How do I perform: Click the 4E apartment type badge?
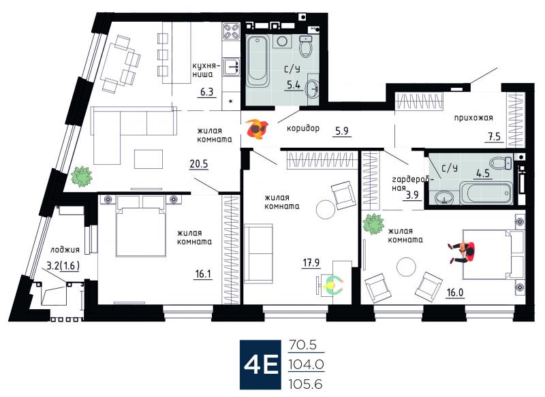260,364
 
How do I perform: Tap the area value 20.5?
199,163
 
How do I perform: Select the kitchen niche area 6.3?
206,93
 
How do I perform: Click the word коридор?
302,129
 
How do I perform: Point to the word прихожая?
473,118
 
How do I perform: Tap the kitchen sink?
232,67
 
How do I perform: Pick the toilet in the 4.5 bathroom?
501,163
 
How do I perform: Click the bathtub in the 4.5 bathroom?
486,193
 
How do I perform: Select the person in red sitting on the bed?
462,252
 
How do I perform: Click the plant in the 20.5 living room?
82,176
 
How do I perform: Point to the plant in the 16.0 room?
373,224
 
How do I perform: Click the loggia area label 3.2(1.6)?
63,266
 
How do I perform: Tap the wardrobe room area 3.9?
412,195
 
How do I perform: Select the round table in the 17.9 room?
326,210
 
